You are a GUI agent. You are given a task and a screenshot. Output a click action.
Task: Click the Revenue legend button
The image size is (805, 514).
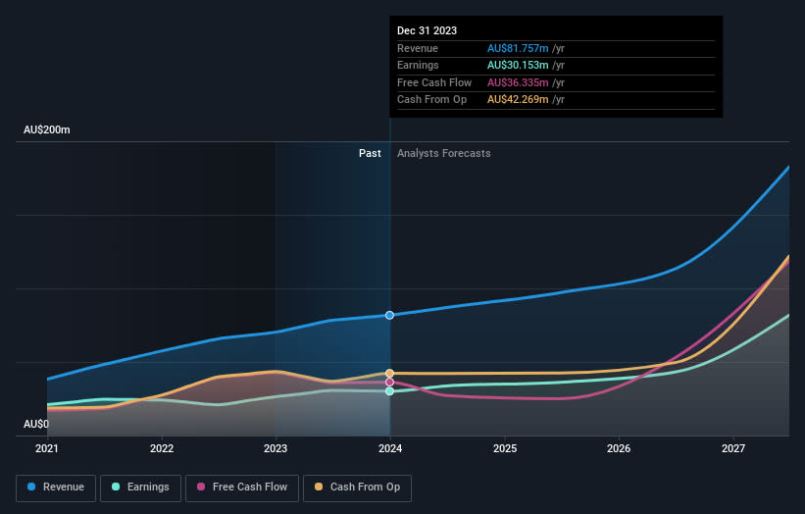point(55,487)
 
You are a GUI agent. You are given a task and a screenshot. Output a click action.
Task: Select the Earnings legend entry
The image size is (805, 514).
point(139,487)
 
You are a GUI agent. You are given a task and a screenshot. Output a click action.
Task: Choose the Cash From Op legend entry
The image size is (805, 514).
point(357,487)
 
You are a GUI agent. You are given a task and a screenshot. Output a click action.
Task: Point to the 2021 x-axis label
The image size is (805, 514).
point(47,448)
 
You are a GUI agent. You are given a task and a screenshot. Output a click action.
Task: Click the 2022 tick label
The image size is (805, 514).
point(162,448)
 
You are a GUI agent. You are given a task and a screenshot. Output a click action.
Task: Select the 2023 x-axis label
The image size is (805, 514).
point(276,448)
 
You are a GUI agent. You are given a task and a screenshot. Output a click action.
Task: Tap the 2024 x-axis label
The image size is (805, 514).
point(390,448)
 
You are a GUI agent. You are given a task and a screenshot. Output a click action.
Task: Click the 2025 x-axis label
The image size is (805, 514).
point(504,448)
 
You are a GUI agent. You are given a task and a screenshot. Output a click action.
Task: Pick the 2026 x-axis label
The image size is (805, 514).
point(619,448)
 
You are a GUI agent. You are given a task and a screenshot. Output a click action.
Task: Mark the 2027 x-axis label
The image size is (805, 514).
point(732,448)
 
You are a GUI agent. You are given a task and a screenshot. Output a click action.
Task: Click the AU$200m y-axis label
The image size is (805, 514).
point(47,130)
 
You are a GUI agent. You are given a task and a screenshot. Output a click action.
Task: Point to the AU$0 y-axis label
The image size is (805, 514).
point(35,424)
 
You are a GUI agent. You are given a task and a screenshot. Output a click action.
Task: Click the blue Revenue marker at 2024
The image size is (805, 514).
point(390,315)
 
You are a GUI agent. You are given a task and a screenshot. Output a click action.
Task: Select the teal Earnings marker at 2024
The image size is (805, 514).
point(390,391)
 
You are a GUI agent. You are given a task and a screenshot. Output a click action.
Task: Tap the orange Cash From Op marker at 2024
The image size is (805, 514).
point(390,373)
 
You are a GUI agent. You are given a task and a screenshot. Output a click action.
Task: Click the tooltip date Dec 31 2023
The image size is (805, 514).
point(428,31)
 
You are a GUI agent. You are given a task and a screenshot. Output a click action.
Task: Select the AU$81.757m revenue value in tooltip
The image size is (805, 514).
point(520,48)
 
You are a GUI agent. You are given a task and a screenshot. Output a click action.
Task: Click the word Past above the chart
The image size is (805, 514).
point(370,153)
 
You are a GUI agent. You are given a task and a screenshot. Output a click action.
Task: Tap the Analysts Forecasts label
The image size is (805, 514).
point(444,153)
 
